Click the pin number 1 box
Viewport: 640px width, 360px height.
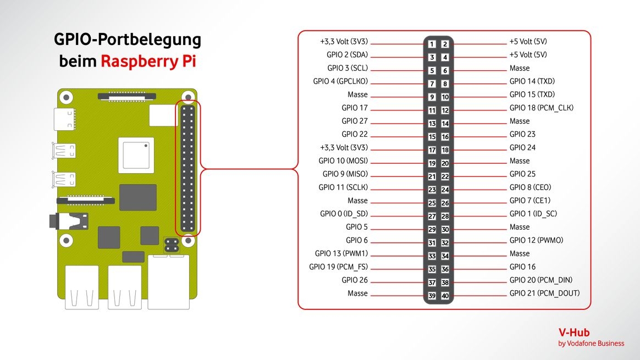(432, 44)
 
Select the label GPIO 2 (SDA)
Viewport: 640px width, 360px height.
(347, 55)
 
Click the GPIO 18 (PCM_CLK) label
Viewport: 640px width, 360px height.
(542, 108)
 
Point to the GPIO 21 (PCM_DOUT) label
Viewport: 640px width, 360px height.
(544, 293)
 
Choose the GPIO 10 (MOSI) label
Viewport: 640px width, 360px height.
(343, 161)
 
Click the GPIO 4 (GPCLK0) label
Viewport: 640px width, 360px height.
(340, 81)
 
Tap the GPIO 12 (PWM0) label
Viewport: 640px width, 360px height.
(536, 240)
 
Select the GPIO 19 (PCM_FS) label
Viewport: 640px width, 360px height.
(339, 267)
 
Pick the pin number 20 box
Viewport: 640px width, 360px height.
(445, 164)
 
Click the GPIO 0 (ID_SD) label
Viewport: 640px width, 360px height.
(344, 214)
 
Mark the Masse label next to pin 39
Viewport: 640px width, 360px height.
(357, 293)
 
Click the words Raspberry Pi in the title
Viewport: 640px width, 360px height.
(148, 61)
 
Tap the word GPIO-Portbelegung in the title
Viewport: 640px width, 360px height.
(127, 40)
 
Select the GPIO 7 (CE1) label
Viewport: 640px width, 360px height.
(529, 201)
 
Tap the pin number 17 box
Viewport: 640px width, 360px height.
(432, 150)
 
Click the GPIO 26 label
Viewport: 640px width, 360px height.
(355, 280)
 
